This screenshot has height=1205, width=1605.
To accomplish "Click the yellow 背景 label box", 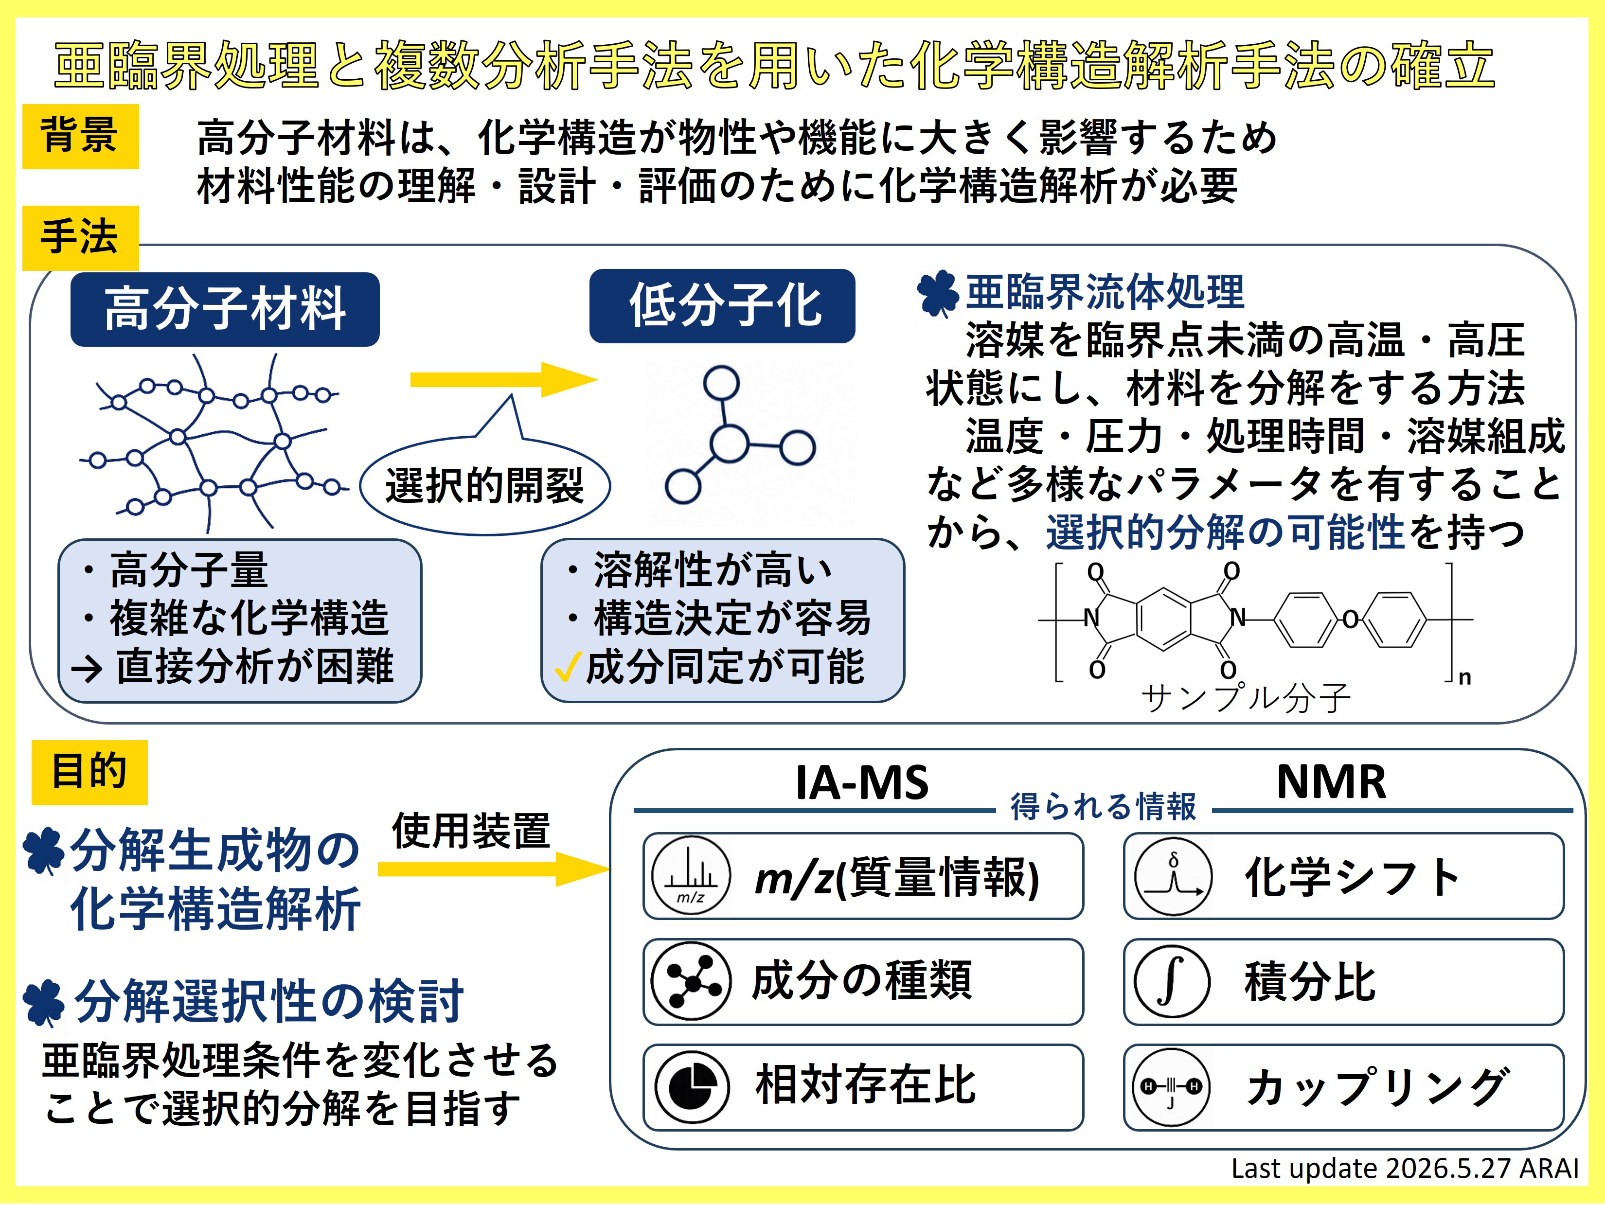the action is click(81, 136).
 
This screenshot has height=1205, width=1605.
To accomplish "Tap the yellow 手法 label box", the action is click(81, 238).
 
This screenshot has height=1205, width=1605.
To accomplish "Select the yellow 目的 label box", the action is click(89, 773).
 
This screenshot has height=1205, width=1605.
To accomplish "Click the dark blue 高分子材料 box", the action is click(225, 309).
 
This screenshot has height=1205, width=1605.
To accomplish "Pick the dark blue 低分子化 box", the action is click(722, 305).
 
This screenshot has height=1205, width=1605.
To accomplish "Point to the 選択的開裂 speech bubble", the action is click(485, 485).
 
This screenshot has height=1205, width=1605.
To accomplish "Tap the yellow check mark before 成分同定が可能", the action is click(568, 668).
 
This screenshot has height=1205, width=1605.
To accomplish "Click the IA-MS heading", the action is click(862, 783).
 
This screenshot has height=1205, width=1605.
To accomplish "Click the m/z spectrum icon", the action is click(691, 876).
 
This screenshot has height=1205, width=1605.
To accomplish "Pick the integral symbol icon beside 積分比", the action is click(1172, 982).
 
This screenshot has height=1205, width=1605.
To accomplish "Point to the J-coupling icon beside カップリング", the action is click(1172, 1087).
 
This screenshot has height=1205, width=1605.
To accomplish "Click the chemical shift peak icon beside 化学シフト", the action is click(1173, 876).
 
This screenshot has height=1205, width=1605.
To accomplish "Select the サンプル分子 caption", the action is click(1245, 698).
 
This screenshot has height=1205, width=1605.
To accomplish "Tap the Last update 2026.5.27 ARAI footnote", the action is click(1405, 1169).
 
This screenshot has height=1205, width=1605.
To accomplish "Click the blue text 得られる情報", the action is click(1103, 807).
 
